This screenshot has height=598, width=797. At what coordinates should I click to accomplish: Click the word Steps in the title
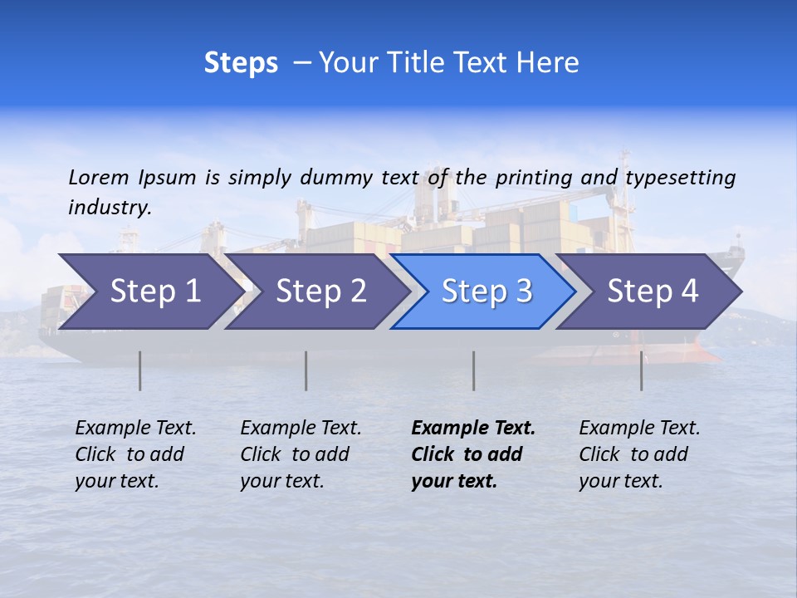[241, 63]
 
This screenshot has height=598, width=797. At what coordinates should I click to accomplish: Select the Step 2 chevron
[320, 292]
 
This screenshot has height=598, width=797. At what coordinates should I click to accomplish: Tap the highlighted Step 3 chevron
[487, 292]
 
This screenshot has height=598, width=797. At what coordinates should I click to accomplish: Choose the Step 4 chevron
[653, 292]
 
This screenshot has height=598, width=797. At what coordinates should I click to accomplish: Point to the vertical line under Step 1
[140, 370]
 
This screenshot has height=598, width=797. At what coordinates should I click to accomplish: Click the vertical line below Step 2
[306, 370]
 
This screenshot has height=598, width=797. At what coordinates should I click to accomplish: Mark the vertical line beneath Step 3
[474, 370]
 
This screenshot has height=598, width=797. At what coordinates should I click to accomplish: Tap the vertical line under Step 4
[642, 370]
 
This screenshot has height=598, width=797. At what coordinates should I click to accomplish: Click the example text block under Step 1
[135, 454]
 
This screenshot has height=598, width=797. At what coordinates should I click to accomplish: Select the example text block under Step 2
[301, 454]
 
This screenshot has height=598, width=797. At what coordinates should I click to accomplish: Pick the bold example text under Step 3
[473, 454]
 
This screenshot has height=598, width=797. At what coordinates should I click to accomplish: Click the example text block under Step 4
[639, 454]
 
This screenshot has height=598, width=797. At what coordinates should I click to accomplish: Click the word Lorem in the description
[99, 177]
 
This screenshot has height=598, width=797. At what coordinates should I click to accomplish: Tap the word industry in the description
[110, 208]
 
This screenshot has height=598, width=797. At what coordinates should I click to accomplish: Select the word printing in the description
[531, 177]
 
